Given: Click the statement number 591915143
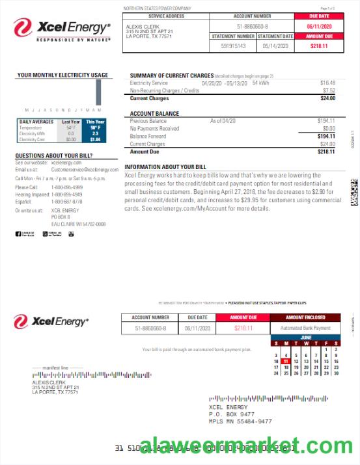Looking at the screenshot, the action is pyautogui.click(x=233, y=46).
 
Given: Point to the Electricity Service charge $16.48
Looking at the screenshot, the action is pyautogui.click(x=327, y=83).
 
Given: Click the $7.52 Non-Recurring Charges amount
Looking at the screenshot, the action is pyautogui.click(x=329, y=90).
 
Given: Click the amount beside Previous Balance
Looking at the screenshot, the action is pyautogui.click(x=326, y=121).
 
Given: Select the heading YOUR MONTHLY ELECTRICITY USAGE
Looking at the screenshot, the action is pyautogui.click(x=63, y=75).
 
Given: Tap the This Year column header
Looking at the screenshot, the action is pyautogui.click(x=95, y=122).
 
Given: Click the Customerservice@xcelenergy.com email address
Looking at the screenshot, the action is pyautogui.click(x=80, y=170).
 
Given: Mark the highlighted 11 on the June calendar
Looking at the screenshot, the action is pyautogui.click(x=286, y=361).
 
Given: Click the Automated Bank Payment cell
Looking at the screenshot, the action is pyautogui.click(x=305, y=328).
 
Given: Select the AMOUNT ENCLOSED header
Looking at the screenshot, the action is pyautogui.click(x=305, y=317).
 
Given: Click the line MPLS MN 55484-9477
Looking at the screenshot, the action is pyautogui.click(x=240, y=421).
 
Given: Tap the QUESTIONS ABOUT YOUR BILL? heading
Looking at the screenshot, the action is pyautogui.click(x=54, y=156).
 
